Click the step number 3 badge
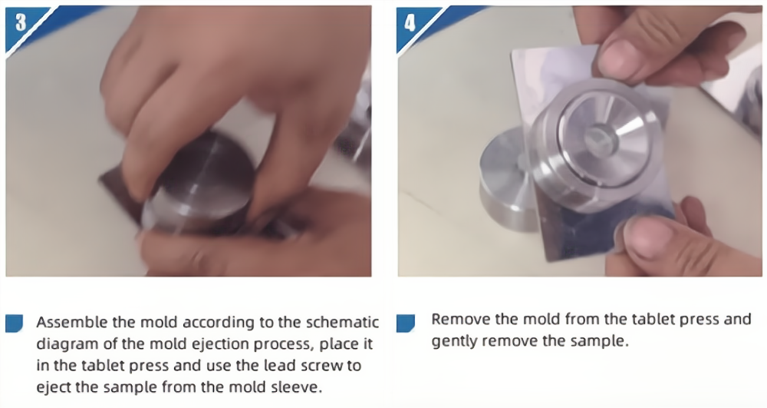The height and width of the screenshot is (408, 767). coord(21,22)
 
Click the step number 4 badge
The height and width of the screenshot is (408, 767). coord(410,22)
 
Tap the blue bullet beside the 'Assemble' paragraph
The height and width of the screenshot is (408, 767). coord(14,323)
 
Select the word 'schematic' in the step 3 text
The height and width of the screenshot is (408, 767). coord(342,322)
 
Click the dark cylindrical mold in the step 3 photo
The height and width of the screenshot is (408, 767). coord(200,184)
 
